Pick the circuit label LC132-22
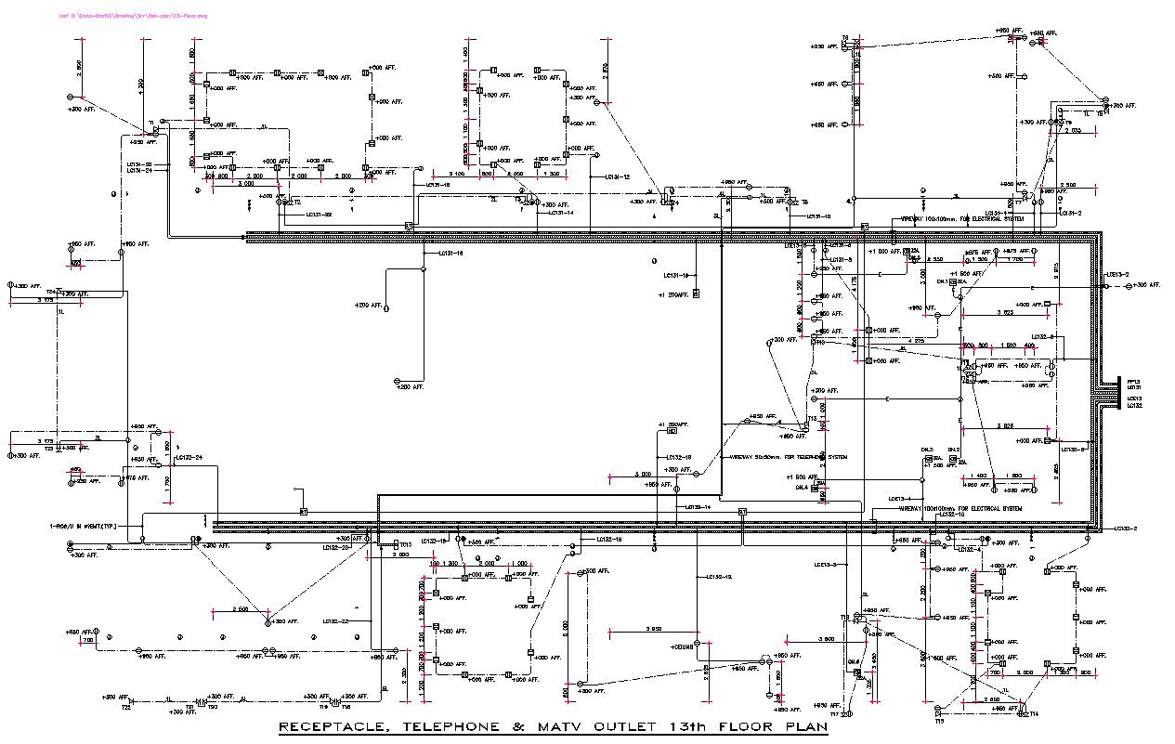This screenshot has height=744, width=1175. tap(335, 620)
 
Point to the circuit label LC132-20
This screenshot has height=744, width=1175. tap(335, 548)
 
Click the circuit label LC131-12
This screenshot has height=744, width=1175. tap(617, 176)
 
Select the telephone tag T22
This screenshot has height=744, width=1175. tap(125, 708)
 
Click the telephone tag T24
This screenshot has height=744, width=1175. tap(52, 292)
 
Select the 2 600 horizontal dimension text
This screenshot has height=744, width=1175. tap(240, 610)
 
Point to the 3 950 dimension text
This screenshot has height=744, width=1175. tap(653, 630)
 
